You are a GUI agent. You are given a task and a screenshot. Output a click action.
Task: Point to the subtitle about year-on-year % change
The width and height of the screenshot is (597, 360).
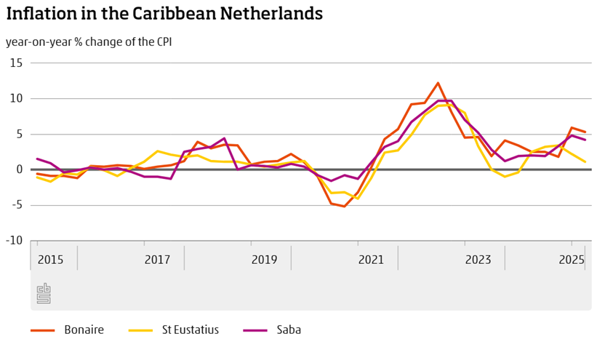[x=89, y=41]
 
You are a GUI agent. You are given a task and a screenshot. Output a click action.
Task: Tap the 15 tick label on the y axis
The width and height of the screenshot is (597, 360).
[x=16, y=63]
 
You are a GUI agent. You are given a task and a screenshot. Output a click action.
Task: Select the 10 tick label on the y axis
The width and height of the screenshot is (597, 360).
[x=16, y=99]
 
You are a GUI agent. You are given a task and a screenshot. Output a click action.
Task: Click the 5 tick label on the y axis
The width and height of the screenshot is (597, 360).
[x=19, y=135]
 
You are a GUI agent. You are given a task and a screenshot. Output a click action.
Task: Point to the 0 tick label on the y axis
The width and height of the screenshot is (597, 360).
[x=19, y=169]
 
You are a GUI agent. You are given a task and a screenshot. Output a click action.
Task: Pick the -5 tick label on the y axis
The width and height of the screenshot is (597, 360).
[x=17, y=205]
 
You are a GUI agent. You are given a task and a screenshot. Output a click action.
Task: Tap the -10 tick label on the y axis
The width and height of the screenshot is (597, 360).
[x=14, y=241]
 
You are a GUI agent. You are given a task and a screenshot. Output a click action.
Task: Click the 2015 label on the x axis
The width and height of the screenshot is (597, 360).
[x=51, y=260]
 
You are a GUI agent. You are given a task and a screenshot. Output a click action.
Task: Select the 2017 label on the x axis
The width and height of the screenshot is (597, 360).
[x=157, y=260]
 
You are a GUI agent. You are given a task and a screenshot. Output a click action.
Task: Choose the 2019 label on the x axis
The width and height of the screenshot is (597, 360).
[x=264, y=260]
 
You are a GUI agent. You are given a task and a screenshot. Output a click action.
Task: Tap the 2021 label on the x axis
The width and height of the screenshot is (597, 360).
[x=371, y=260]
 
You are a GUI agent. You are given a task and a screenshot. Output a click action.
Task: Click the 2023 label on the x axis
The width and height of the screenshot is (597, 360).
[x=478, y=260]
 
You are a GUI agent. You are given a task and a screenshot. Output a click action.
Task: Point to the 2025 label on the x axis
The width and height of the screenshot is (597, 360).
[x=571, y=260]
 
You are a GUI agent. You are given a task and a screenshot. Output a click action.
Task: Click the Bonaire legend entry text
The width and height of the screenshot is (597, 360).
[x=84, y=330]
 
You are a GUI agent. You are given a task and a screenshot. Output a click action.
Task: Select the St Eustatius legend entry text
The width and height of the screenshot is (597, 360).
[x=188, y=330]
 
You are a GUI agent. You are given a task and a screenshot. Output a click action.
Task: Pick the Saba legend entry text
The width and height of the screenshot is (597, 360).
[x=288, y=330]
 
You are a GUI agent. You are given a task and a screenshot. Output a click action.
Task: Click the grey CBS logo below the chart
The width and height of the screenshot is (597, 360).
[x=44, y=293]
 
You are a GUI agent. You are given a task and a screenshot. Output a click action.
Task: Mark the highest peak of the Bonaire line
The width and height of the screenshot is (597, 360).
[x=438, y=83]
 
